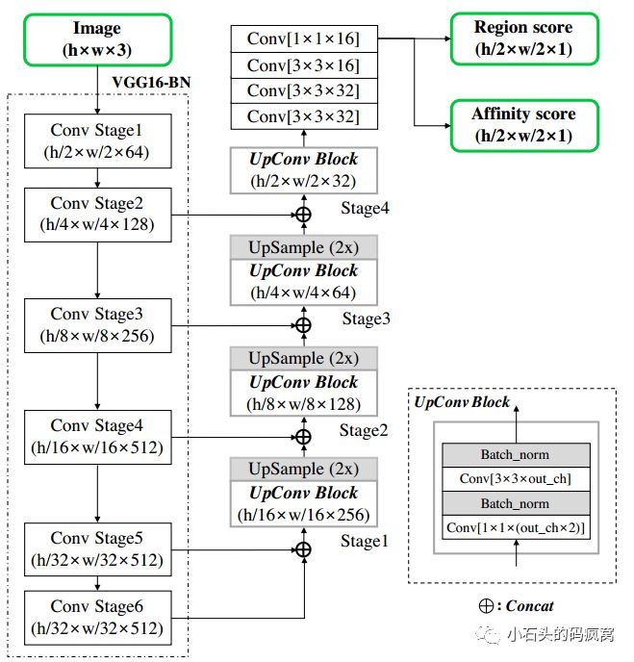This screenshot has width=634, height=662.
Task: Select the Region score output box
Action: pos(523,38)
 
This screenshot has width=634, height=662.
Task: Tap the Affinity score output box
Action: pos(523,125)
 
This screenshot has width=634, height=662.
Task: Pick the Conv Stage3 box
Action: pos(97,326)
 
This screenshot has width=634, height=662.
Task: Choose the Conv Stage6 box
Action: pos(97,617)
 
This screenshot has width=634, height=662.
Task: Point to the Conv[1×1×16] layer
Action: pos(303,39)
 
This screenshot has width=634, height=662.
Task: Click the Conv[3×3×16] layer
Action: pos(303,65)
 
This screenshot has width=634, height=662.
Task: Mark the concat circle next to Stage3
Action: pos(303,325)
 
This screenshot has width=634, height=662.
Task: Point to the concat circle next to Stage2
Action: pos(303,437)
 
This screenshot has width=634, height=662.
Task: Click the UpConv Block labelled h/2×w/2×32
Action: pos(303,169)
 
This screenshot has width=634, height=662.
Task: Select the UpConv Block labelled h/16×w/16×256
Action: pos(303,503)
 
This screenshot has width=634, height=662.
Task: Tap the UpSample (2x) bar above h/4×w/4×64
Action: pos(303,246)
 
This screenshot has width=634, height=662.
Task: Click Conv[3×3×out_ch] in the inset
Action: pos(515,479)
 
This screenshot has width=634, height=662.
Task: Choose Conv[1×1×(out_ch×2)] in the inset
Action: pos(515,527)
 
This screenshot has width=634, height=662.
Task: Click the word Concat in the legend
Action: pos(529,606)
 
